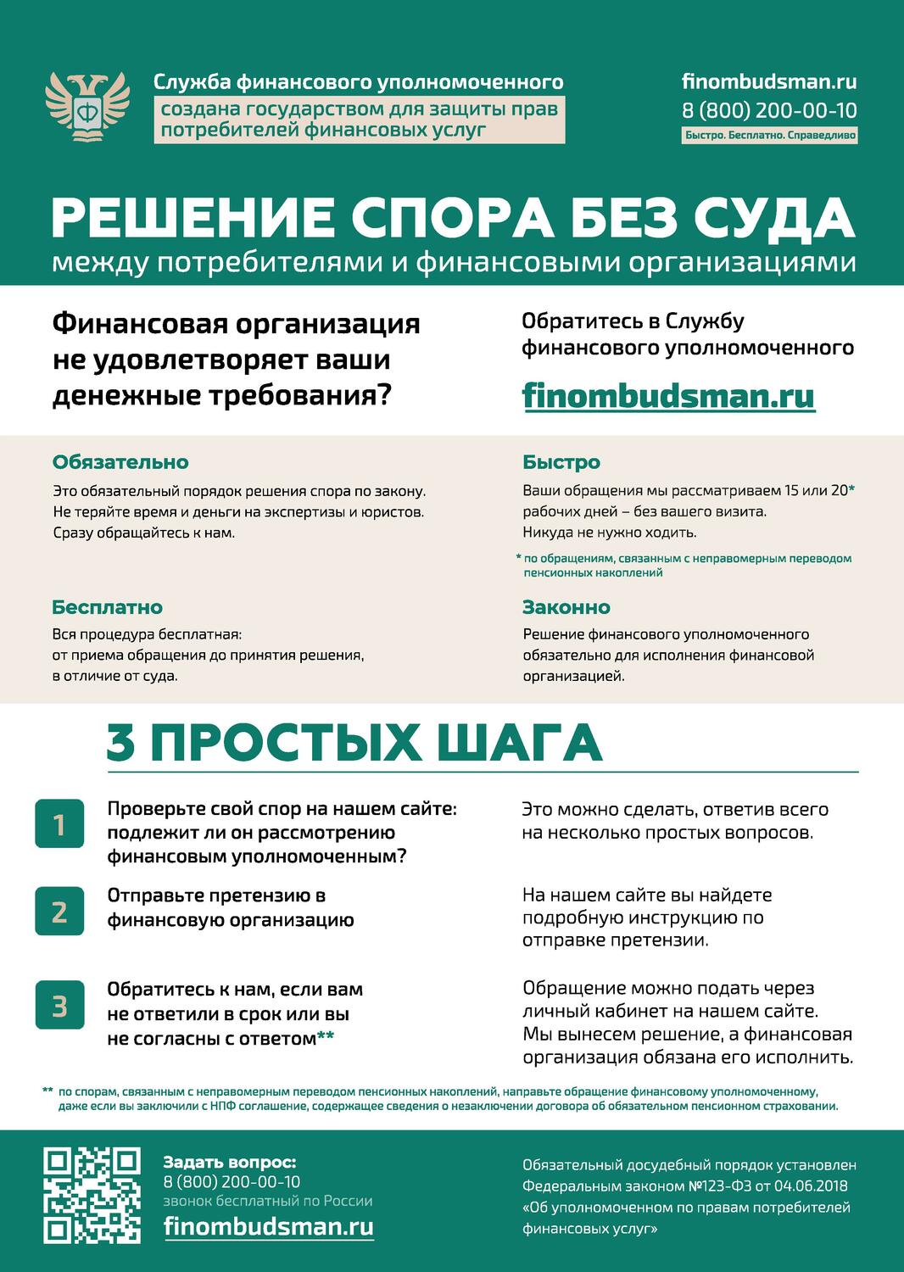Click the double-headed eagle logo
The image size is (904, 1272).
click(86, 105)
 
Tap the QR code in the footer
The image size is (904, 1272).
click(92, 1196)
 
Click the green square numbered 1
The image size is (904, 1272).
click(59, 823)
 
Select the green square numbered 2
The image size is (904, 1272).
click(59, 911)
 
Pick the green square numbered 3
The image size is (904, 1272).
click(59, 1005)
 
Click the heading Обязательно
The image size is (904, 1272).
click(120, 462)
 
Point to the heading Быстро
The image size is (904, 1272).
click(561, 462)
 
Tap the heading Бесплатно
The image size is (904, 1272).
click(108, 607)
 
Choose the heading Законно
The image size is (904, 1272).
click(566, 607)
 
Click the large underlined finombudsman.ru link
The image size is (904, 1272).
click(669, 395)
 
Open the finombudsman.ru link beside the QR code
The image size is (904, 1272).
click(268, 1226)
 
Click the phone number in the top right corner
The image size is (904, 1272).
click(769, 110)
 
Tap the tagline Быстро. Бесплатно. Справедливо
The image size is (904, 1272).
click(770, 135)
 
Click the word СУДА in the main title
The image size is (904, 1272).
click(774, 217)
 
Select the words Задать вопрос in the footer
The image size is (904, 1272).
click(230, 1162)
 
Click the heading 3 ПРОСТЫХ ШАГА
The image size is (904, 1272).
click(354, 742)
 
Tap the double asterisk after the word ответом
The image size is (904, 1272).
click(326, 1036)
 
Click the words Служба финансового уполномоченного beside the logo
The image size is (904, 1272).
click(358, 81)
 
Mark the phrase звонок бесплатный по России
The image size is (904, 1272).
click(268, 1202)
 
